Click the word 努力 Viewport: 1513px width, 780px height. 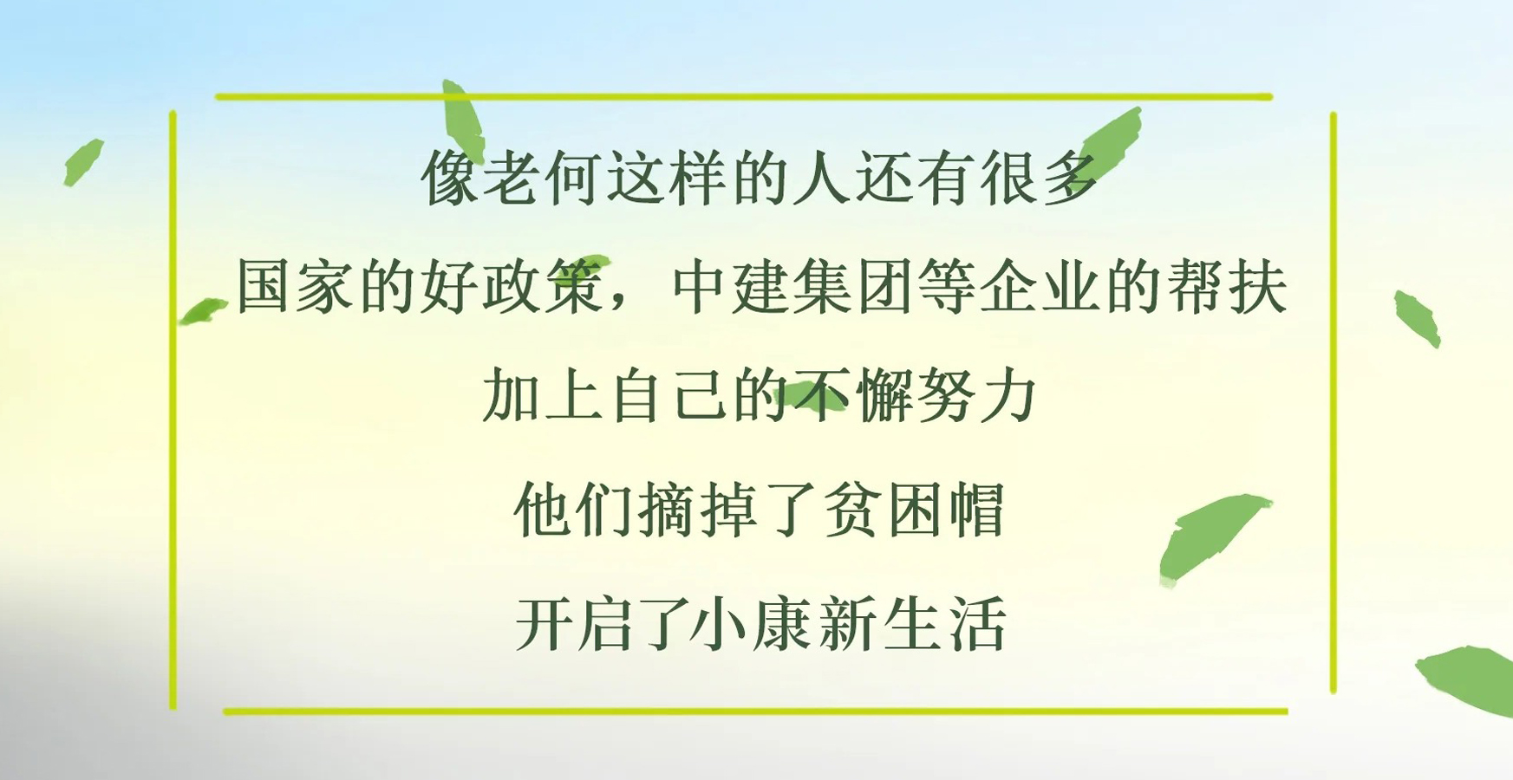[977, 394]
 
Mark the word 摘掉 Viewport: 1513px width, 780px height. [699, 510]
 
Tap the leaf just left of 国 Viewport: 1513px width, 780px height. [203, 310]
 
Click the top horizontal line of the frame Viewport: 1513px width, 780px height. [744, 97]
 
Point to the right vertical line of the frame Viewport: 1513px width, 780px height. [1333, 403]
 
